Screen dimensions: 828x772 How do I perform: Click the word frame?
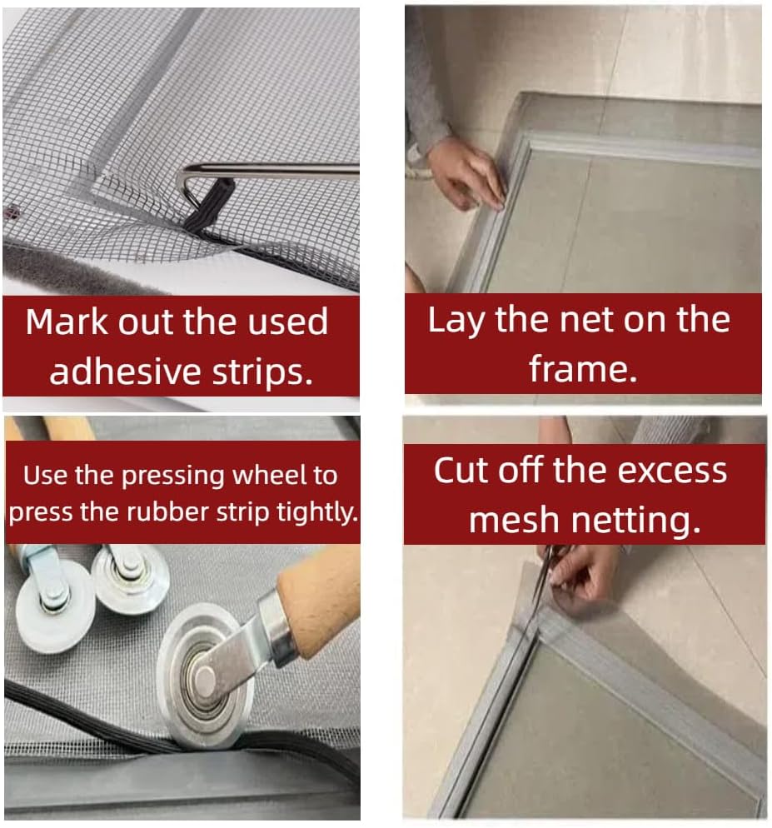582,367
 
